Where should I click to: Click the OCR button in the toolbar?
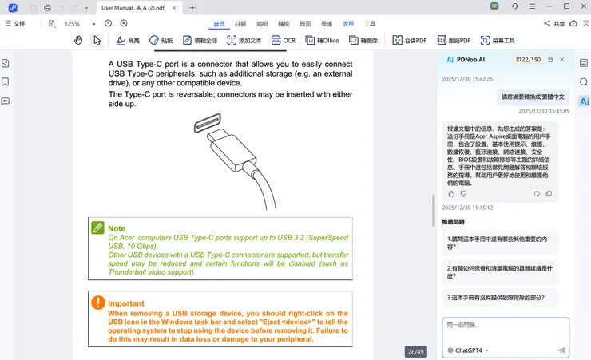(284, 40)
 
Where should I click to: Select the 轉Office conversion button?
(322, 40)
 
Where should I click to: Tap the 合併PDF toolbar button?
(409, 40)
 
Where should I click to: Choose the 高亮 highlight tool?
(128, 40)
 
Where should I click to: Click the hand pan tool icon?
(78, 40)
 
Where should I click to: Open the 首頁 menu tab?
(219, 24)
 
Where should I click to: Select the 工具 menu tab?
(370, 24)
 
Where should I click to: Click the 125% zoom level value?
(73, 24)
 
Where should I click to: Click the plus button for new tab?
(192, 7)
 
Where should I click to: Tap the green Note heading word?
(117, 228)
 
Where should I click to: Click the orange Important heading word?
(126, 303)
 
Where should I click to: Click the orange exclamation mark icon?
(98, 303)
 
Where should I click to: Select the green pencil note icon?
(98, 227)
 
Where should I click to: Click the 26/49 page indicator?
(416, 351)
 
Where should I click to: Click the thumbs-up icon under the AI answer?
(451, 193)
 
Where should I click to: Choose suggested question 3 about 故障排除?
(497, 297)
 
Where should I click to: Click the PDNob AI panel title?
(470, 60)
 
